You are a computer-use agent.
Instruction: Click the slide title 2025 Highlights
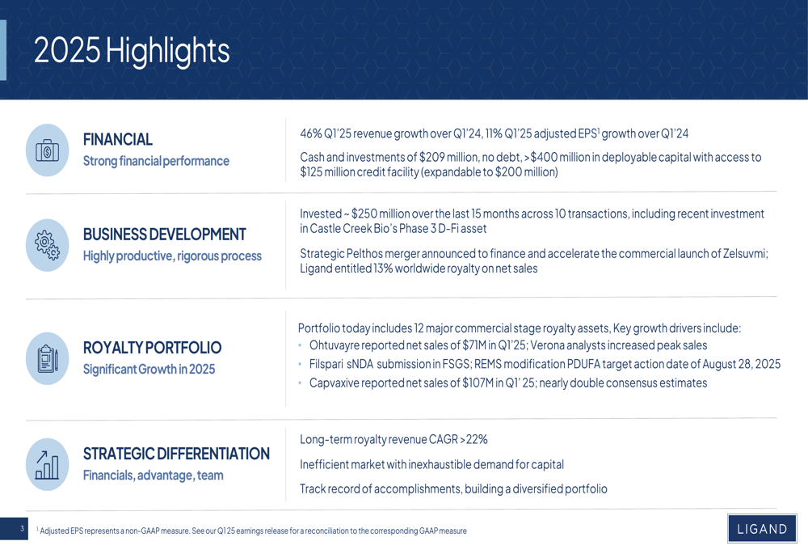(x=132, y=51)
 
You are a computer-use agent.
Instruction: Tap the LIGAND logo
(x=761, y=529)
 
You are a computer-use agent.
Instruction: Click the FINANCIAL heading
(x=118, y=139)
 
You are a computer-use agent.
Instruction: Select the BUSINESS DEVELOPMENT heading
(x=165, y=235)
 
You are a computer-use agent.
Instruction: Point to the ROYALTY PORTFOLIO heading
(x=152, y=348)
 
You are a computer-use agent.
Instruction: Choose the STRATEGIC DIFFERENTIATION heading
(x=176, y=454)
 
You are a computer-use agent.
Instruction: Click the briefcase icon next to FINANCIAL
(x=47, y=150)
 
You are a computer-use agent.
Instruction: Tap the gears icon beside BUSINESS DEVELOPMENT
(x=47, y=245)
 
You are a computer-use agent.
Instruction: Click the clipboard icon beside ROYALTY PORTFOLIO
(x=47, y=357)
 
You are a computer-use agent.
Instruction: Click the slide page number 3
(x=22, y=529)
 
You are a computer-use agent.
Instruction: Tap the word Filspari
(x=327, y=364)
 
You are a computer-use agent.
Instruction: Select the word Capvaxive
(x=335, y=383)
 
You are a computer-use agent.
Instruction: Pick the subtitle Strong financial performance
(x=156, y=161)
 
